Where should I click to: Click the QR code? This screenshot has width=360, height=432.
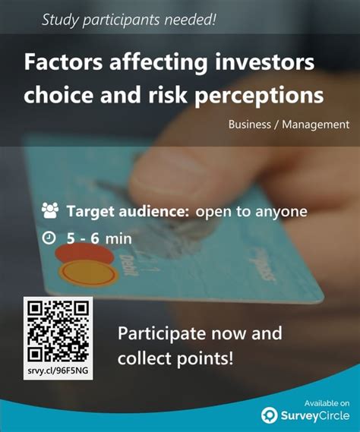click(58, 329)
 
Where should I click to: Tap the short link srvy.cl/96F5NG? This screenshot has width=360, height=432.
click(58, 371)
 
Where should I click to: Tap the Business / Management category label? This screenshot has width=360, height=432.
click(289, 124)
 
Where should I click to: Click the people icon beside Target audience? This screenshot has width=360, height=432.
click(50, 210)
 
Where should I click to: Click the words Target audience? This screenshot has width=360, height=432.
click(128, 211)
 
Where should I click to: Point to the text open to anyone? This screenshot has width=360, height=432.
click(251, 211)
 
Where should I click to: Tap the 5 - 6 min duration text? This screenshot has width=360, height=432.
click(99, 238)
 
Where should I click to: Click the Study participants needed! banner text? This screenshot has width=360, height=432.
click(128, 20)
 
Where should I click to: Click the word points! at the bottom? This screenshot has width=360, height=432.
click(206, 356)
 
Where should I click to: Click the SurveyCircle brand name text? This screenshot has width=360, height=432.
click(314, 415)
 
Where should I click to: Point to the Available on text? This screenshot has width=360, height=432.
click(327, 402)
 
